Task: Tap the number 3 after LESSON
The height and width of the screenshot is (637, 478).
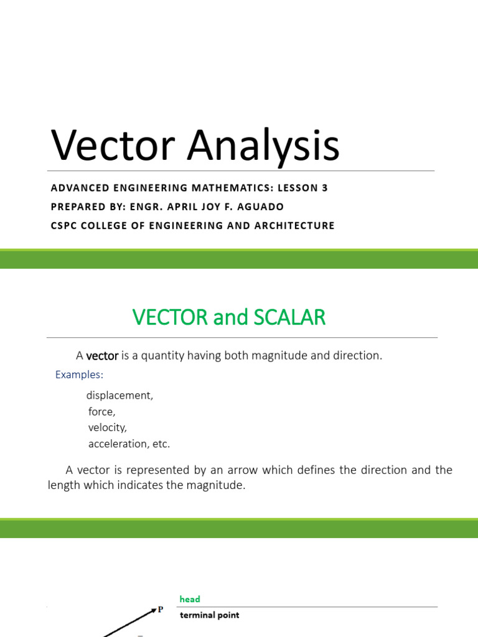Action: pos(324,188)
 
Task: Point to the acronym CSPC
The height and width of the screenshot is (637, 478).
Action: pos(65,225)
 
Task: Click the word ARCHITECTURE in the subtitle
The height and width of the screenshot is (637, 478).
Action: pos(294,225)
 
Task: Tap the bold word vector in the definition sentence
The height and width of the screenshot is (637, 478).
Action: pos(102,356)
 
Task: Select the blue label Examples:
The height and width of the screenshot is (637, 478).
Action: pos(79,374)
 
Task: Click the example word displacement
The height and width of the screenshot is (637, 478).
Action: pos(119,396)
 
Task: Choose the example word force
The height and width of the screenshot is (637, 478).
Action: pos(102,412)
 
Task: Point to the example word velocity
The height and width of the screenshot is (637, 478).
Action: pos(108,428)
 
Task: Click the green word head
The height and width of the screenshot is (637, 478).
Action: pos(190,599)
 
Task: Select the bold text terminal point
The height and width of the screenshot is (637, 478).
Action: pos(209,615)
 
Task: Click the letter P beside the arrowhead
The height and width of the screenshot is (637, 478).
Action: pos(161,610)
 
